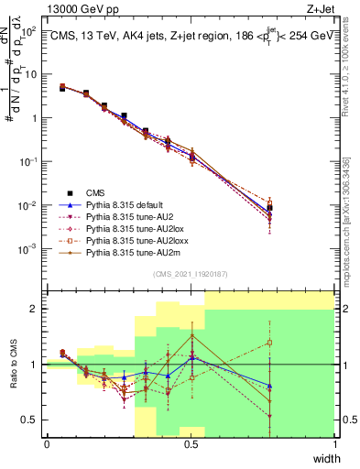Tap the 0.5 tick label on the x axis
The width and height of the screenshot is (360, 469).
(191, 444)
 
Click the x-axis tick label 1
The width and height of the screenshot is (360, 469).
(334, 444)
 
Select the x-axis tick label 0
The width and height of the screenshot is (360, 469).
(47, 444)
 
